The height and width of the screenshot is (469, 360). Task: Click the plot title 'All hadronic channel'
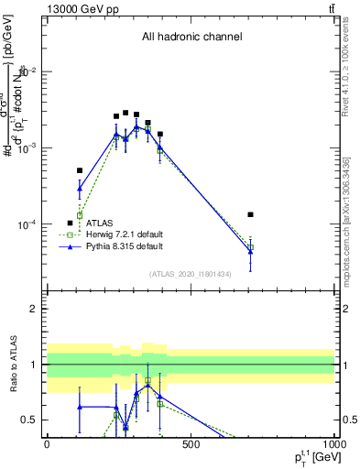[x=191, y=38]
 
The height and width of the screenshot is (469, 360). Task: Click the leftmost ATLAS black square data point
[x=80, y=170]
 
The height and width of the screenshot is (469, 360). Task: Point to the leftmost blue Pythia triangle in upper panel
[x=80, y=189]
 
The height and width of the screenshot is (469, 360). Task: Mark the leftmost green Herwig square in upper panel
[x=80, y=215]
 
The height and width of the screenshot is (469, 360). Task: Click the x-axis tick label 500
[x=191, y=444]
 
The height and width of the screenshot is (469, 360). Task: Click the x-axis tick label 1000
[x=333, y=444]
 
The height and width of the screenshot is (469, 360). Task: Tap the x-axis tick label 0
[x=47, y=444]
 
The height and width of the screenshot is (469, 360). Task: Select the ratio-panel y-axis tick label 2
[x=36, y=309]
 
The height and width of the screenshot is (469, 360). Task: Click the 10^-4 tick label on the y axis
[x=28, y=224]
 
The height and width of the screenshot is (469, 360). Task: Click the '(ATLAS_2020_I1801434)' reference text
[x=191, y=274]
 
